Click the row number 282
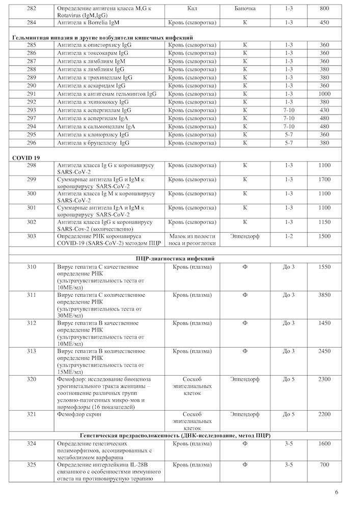coord(32,9)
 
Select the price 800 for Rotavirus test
coord(324,9)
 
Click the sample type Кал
coord(192,9)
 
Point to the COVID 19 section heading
coord(26,158)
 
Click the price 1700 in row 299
coord(324,180)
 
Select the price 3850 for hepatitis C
coord(324,295)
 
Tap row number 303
coord(32,236)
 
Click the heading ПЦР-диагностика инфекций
coord(179,259)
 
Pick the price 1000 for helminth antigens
coord(324,94)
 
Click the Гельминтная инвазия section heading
coord(102,38)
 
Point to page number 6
coord(337,492)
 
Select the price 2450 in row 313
coord(324,351)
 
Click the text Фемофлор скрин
coord(79,415)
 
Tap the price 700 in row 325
coord(324,465)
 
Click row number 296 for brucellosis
coord(32,143)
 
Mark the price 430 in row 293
coord(324,110)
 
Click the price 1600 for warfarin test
coord(324,444)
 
